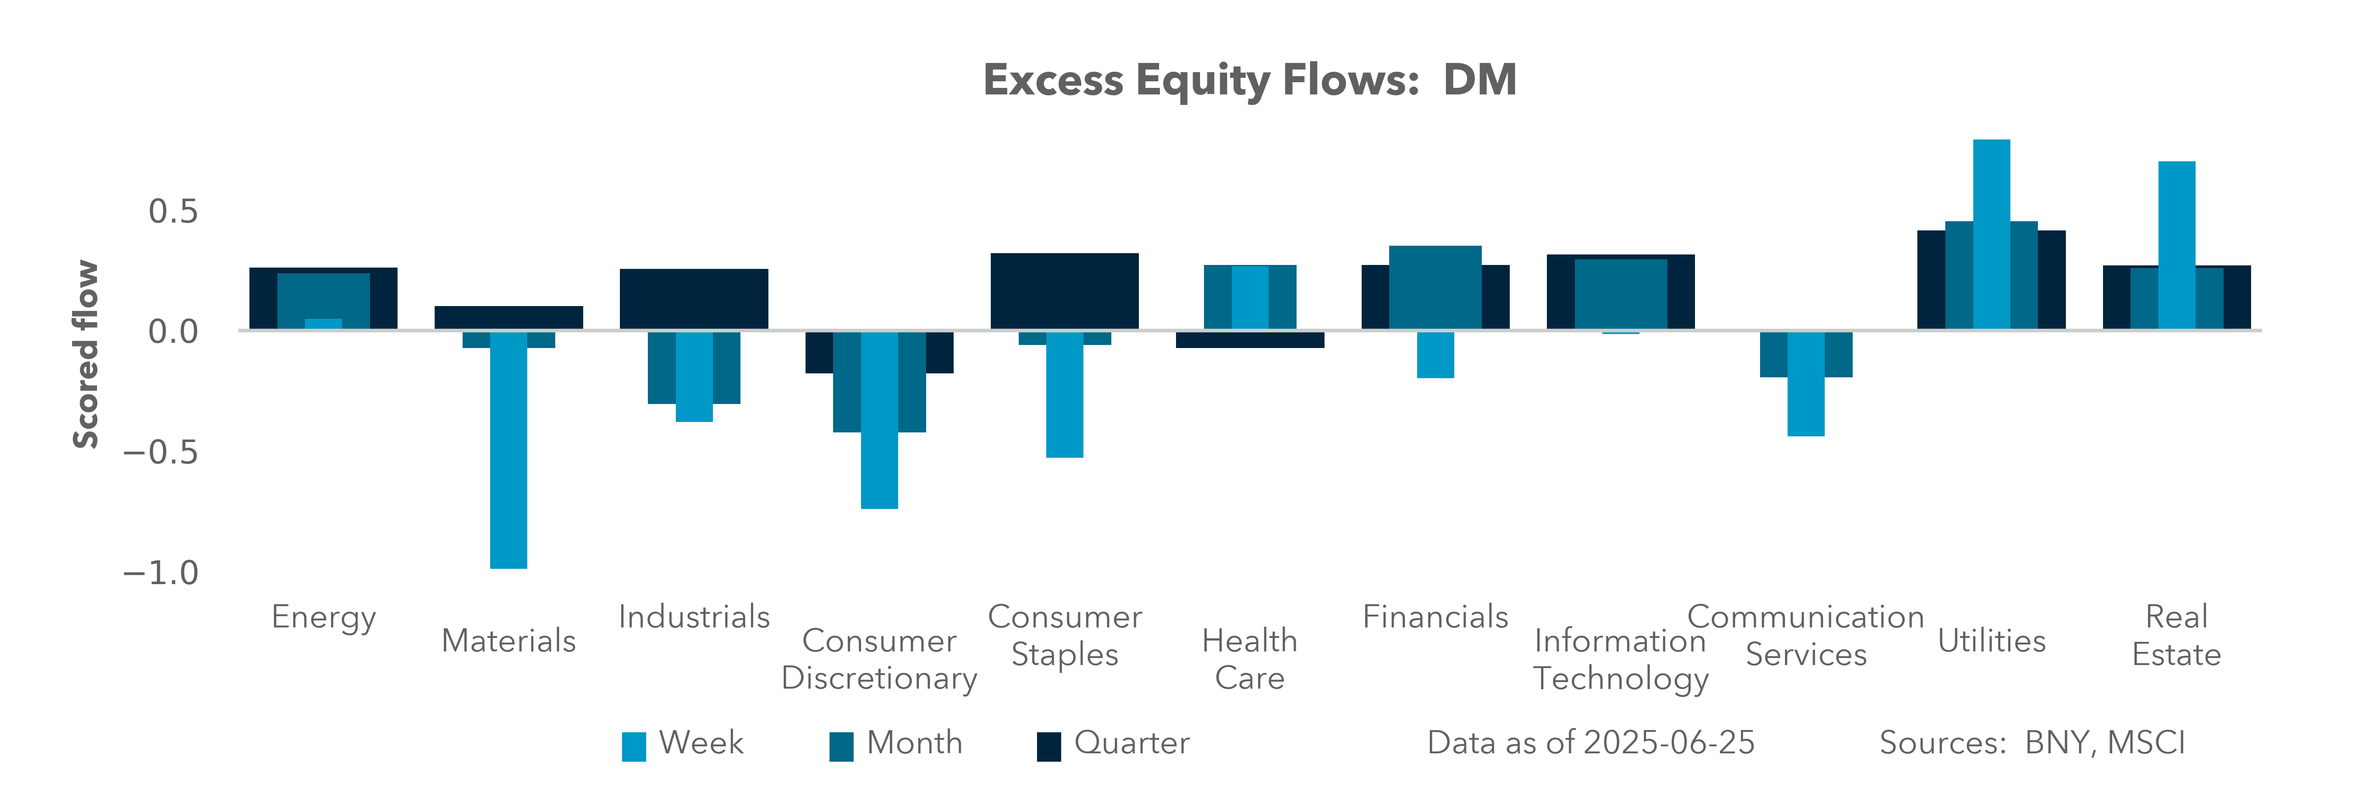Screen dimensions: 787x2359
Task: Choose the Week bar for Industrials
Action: click(x=694, y=376)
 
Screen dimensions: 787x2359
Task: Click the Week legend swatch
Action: click(x=634, y=746)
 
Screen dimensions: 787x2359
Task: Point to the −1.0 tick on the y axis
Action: click(x=161, y=573)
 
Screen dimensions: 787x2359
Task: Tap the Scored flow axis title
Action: click(x=85, y=355)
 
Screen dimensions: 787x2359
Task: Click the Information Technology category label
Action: click(x=1620, y=659)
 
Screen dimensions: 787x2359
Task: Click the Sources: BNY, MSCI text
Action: click(x=2031, y=742)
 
